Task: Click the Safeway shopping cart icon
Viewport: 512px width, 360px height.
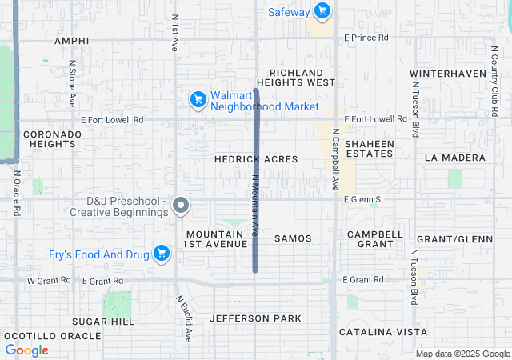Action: click(x=321, y=11)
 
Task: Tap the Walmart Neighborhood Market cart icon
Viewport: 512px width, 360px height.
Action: click(x=198, y=100)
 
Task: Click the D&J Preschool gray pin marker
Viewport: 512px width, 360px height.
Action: click(x=181, y=206)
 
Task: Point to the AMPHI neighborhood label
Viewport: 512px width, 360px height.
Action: click(x=71, y=40)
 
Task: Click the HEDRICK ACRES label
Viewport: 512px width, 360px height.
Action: click(x=256, y=159)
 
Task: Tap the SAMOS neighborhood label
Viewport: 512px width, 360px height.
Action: click(x=293, y=238)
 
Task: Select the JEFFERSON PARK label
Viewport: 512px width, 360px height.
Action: click(x=256, y=318)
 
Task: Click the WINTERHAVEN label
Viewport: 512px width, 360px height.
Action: click(x=448, y=74)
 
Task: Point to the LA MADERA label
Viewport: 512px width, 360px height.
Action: click(x=454, y=158)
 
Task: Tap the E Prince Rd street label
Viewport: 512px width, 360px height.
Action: click(x=366, y=38)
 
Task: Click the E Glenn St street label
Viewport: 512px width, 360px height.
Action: click(x=364, y=199)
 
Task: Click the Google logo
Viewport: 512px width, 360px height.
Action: click(x=26, y=350)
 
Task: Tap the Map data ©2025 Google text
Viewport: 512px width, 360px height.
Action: click(x=462, y=354)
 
